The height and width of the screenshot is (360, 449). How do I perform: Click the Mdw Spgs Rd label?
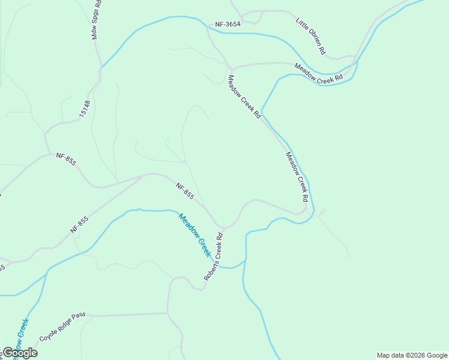pyautogui.click(x=96, y=20)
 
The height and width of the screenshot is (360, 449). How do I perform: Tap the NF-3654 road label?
pyautogui.click(x=228, y=25)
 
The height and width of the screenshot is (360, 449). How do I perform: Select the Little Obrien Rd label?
pyautogui.click(x=310, y=36)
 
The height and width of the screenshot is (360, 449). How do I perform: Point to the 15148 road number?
pyautogui.click(x=86, y=107)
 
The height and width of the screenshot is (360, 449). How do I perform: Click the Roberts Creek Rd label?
pyautogui.click(x=213, y=257)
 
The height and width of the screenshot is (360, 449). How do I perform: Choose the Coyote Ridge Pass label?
pyautogui.click(x=63, y=326)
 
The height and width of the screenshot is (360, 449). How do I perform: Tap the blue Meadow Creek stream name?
pyautogui.click(x=195, y=235)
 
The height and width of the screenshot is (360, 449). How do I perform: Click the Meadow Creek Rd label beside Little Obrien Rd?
pyautogui.click(x=318, y=73)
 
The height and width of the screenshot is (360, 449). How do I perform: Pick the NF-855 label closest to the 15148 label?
pyautogui.click(x=66, y=159)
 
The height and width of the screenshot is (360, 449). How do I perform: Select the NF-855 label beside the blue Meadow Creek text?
pyautogui.click(x=185, y=191)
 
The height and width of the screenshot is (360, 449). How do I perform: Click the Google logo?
pyautogui.click(x=19, y=353)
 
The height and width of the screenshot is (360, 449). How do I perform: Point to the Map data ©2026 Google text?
pyautogui.click(x=412, y=355)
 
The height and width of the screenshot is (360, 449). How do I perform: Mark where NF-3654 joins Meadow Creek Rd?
pyautogui.click(x=208, y=26)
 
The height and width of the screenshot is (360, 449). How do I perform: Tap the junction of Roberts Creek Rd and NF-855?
pyautogui.click(x=223, y=229)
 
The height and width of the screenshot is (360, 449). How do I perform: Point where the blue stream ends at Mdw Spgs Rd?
pyautogui.click(x=101, y=68)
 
